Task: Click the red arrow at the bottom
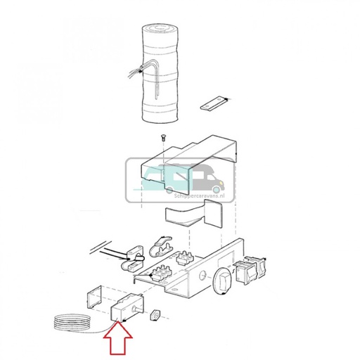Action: (118, 342)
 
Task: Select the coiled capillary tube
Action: (72, 322)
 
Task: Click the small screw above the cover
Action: (162, 138)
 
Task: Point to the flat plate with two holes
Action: (214, 103)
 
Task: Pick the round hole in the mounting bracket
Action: (202, 275)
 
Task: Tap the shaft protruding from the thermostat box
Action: (136, 309)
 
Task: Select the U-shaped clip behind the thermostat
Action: (94, 297)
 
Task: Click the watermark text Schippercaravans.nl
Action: (199, 195)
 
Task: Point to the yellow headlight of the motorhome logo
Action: (221, 182)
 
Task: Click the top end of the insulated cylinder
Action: (160, 29)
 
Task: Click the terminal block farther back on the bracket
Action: (185, 258)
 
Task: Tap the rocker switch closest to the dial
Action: (244, 272)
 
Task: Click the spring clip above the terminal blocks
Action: (160, 247)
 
